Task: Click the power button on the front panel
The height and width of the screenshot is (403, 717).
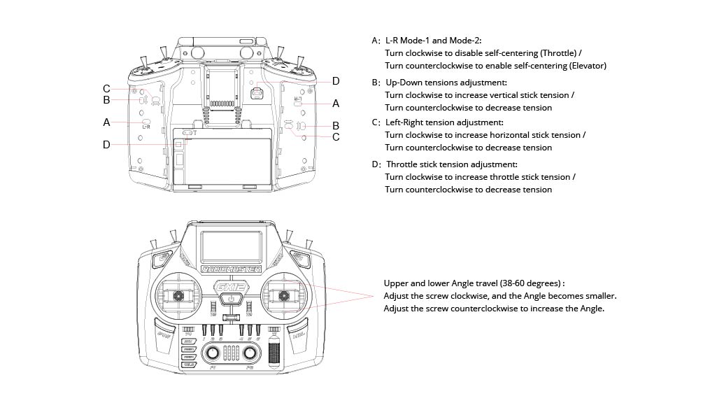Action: coord(230,299)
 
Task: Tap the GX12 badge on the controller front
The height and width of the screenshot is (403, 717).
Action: coord(230,287)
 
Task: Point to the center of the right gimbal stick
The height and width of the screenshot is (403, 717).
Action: coord(283,297)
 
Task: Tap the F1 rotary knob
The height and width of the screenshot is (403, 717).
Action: coord(210,355)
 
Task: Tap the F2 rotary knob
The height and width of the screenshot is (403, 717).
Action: coord(250,355)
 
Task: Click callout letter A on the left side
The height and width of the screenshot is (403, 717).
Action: coord(106,122)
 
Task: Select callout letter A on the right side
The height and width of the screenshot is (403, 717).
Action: coord(336,103)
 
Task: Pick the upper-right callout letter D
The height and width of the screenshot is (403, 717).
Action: coord(336,80)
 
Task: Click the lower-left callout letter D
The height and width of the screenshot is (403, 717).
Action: coord(106,145)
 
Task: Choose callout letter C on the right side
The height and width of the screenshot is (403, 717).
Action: coord(336,137)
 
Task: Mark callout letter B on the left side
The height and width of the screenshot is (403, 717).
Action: coord(106,99)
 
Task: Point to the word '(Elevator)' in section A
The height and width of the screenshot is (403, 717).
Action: coord(584,66)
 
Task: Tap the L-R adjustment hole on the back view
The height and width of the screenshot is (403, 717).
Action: coord(147,121)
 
